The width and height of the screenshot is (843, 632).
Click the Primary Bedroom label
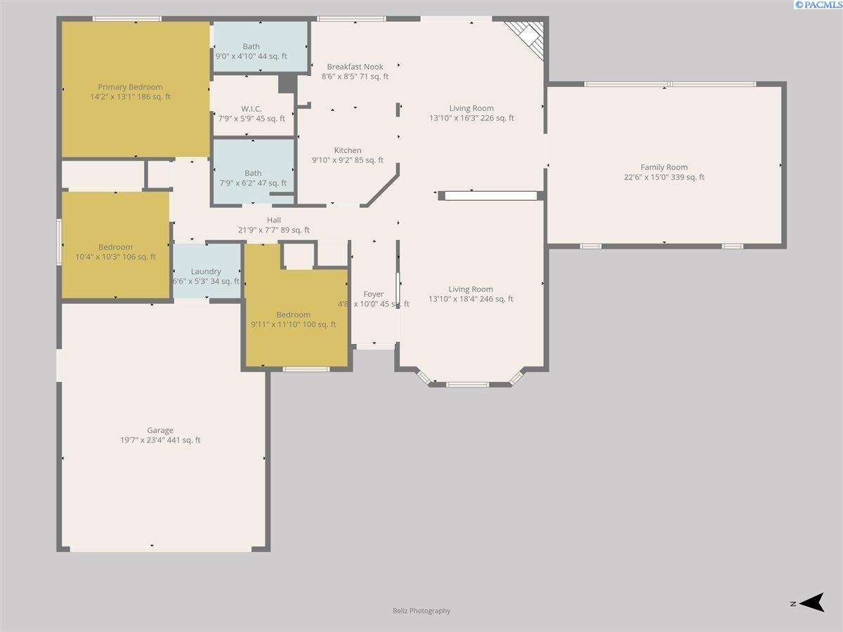click(x=130, y=87)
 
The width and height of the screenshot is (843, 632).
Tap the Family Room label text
click(x=664, y=167)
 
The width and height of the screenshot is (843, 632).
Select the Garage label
click(x=160, y=430)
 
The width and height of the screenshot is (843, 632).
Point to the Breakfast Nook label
click(x=355, y=67)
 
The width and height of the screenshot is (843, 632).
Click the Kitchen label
click(x=348, y=150)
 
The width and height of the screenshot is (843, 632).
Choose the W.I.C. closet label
click(x=251, y=109)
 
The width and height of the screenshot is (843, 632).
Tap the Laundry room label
click(x=206, y=272)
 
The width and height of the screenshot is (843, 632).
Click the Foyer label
click(x=373, y=294)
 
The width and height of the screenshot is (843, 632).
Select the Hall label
click(x=274, y=220)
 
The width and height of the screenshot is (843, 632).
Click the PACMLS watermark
click(x=818, y=5)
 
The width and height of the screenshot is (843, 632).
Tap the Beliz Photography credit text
click(x=421, y=610)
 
